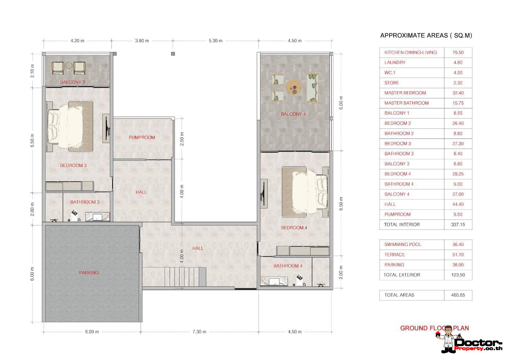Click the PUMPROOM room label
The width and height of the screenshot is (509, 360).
(x=142, y=138)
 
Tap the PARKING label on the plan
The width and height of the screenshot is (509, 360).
(x=89, y=273)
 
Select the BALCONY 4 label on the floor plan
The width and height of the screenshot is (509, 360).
(x=293, y=114)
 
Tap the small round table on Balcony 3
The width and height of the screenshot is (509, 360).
(x=69, y=66)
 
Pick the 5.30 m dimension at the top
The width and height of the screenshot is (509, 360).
(x=216, y=41)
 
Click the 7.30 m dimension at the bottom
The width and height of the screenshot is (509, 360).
(x=199, y=332)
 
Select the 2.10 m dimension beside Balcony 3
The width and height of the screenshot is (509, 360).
(x=32, y=71)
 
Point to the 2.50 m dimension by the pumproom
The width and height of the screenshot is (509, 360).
(x=182, y=139)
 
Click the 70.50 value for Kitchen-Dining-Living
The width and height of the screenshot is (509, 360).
(x=458, y=53)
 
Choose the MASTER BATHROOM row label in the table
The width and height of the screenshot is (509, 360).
(x=407, y=103)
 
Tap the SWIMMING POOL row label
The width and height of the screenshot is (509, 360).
(x=403, y=245)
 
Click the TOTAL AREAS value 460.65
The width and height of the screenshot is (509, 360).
(x=458, y=295)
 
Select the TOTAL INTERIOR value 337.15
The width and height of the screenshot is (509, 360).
(x=458, y=224)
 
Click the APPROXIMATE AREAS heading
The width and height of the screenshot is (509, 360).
(x=426, y=36)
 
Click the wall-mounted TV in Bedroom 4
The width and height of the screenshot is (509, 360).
(x=263, y=194)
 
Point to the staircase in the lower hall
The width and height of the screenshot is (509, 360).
(x=185, y=277)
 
